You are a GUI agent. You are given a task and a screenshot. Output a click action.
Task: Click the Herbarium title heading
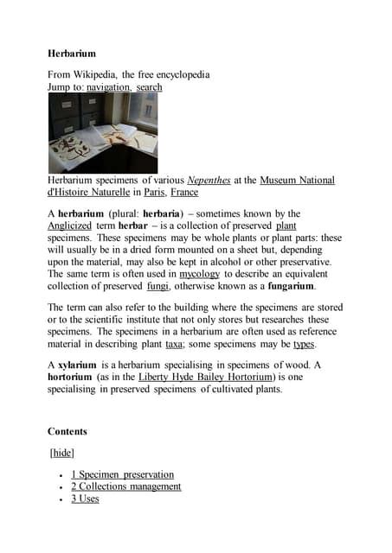click(72, 53)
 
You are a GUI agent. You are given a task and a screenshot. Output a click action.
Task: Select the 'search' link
click(149, 87)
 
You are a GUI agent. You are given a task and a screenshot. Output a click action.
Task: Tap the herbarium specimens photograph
click(102, 133)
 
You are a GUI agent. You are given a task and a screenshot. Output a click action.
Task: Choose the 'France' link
click(183, 193)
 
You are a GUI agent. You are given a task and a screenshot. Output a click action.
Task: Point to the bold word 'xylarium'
click(77, 365)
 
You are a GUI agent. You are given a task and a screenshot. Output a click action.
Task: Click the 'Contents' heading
click(67, 430)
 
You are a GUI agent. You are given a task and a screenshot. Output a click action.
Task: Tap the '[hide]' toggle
click(62, 453)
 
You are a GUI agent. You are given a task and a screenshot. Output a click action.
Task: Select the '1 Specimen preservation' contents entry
click(122, 474)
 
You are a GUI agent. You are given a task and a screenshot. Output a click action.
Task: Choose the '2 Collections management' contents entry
click(126, 486)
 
